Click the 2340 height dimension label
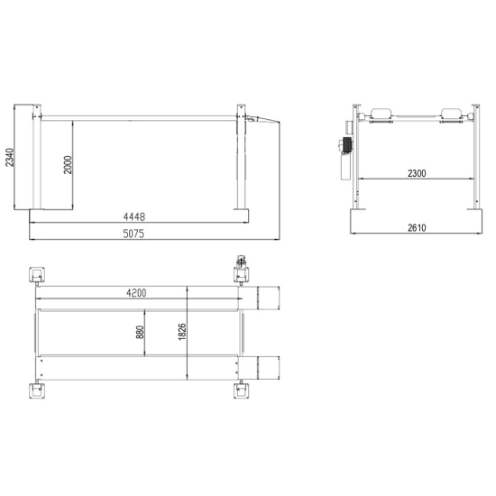tap(10, 157)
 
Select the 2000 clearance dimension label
tap(68, 164)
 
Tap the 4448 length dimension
tap(134, 216)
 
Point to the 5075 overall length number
tap(133, 234)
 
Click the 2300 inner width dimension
tap(417, 173)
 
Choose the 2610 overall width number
tap(417, 228)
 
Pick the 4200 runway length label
tap(136, 293)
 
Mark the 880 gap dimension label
tap(140, 332)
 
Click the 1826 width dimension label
tap(182, 332)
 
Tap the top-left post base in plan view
tap(37, 275)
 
